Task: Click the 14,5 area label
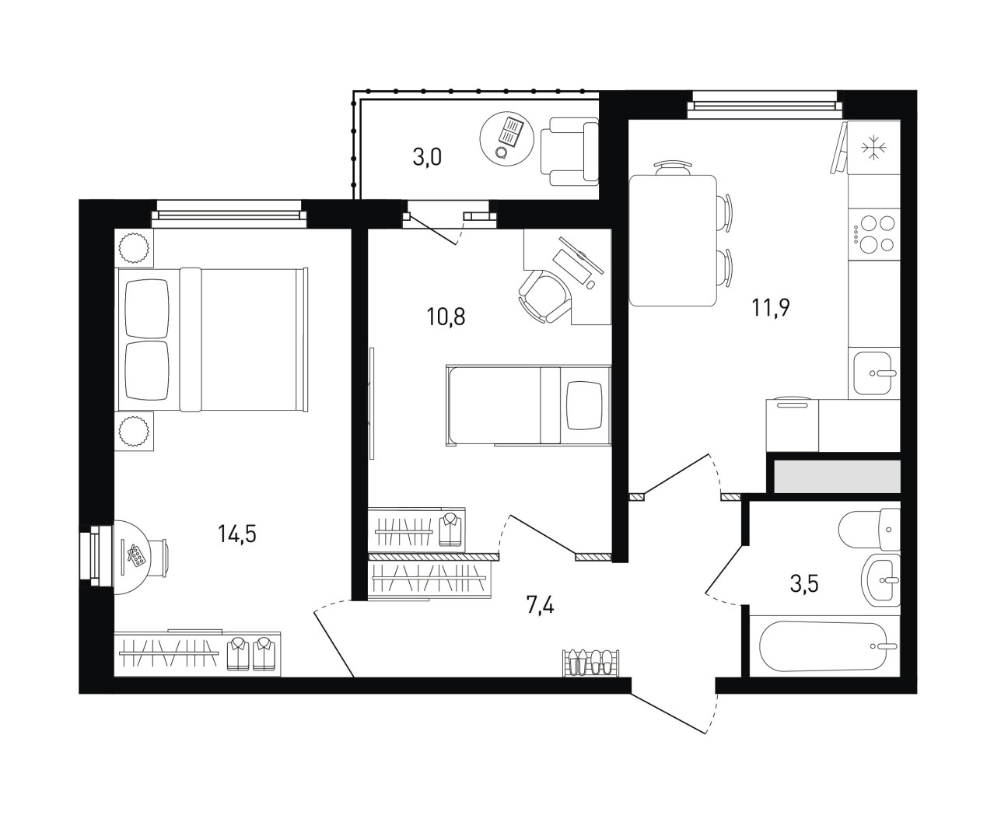pyautogui.click(x=236, y=534)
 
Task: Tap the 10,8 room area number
pyautogui.click(x=446, y=317)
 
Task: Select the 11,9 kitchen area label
pyautogui.click(x=771, y=307)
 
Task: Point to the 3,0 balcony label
pyautogui.click(x=427, y=157)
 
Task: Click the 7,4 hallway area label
pyautogui.click(x=541, y=605)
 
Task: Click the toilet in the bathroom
pyautogui.click(x=869, y=529)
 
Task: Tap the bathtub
pyautogui.click(x=824, y=646)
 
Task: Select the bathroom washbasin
pyautogui.click(x=880, y=579)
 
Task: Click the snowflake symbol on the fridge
pyautogui.click(x=874, y=148)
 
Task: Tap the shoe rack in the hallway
pyautogui.click(x=591, y=663)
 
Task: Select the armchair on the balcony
pyautogui.click(x=569, y=152)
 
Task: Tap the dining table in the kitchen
pyautogui.click(x=673, y=240)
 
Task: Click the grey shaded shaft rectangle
pyautogui.click(x=837, y=476)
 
